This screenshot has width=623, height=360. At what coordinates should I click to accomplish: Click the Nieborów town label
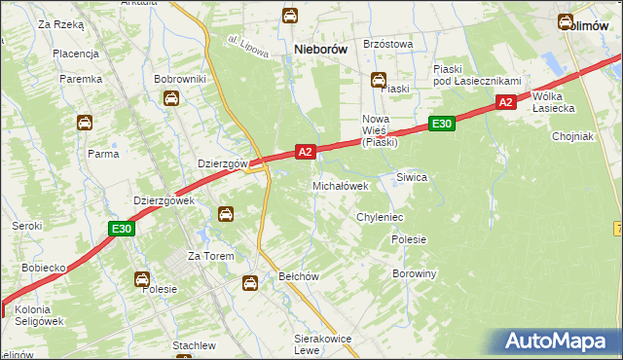pyautogui.click(x=321, y=49)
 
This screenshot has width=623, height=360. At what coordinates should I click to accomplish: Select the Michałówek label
pyautogui.click(x=340, y=186)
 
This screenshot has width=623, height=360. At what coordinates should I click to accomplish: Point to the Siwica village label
pyautogui.click(x=412, y=178)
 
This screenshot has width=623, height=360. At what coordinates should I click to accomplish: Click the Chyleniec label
pyautogui.click(x=380, y=217)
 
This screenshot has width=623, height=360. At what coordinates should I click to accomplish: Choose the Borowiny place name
pyautogui.click(x=414, y=274)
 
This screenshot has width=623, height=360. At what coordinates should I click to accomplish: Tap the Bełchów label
pyautogui.click(x=299, y=276)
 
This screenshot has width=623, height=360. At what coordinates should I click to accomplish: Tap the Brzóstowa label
pyautogui.click(x=387, y=44)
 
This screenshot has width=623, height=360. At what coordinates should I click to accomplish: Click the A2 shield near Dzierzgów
pyautogui.click(x=306, y=152)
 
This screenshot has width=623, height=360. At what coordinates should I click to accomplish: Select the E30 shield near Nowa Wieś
pyautogui.click(x=441, y=124)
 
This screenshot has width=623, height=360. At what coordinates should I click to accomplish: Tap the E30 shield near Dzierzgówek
pyautogui.click(x=121, y=229)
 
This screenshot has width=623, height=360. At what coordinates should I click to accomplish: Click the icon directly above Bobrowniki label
pyautogui.click(x=171, y=98)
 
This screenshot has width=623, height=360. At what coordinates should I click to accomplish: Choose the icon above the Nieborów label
pyautogui.click(x=290, y=16)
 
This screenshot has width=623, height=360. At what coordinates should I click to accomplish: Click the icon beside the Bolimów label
pyautogui.click(x=566, y=21)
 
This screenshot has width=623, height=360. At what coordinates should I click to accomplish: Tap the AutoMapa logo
pyautogui.click(x=560, y=342)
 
